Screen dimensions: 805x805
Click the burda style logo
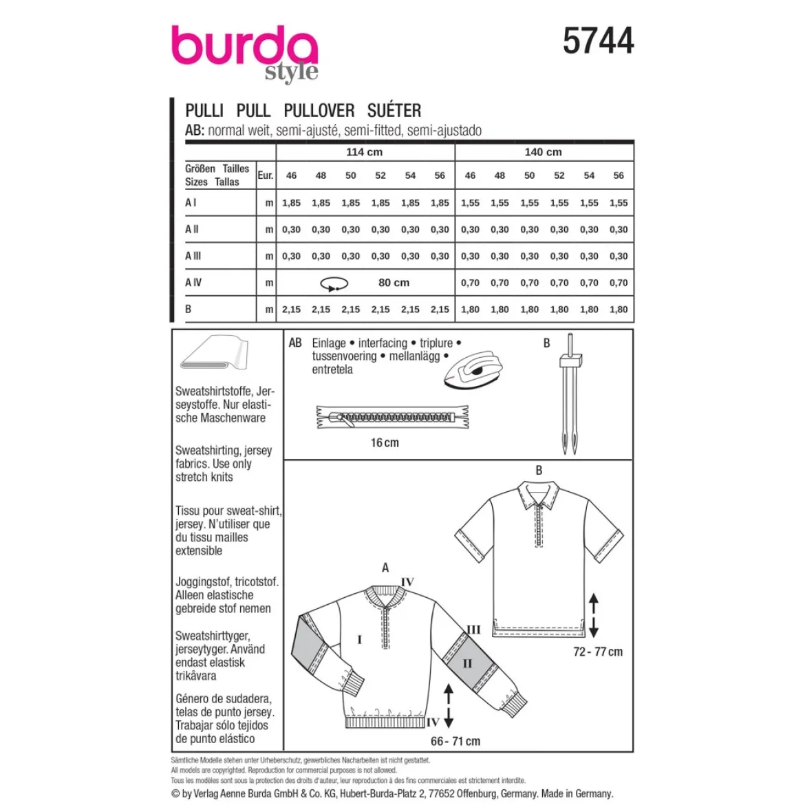(244, 54)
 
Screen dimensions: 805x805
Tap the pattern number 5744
(598, 41)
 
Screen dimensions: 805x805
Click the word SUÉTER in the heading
(394, 110)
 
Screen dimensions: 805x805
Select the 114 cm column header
(364, 152)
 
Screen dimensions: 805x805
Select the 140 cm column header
(543, 152)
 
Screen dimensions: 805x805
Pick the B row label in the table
(189, 309)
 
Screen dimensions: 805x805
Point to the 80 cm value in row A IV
(394, 282)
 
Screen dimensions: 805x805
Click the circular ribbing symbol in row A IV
(334, 284)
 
